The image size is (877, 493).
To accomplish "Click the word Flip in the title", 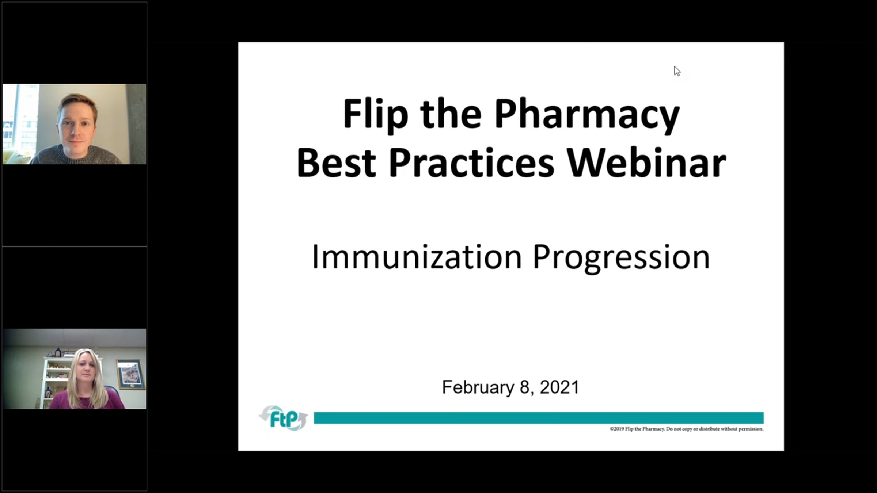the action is click(x=375, y=114).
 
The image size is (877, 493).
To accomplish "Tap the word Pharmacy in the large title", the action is click(x=587, y=114).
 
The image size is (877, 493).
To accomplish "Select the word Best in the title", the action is click(x=336, y=163).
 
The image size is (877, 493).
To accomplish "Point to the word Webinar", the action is click(x=646, y=163).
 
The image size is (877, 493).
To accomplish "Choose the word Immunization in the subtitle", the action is click(x=417, y=257).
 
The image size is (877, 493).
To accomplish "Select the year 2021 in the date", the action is click(x=559, y=387).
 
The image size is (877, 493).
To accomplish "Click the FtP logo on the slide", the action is click(x=284, y=418).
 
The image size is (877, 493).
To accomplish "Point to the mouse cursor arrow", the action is click(x=677, y=71).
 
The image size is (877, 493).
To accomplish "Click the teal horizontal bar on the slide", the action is click(x=539, y=418).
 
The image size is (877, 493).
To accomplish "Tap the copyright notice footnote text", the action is click(x=687, y=429).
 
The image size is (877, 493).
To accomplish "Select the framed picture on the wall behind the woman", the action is click(x=130, y=374).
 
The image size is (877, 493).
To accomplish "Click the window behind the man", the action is click(x=20, y=121).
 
